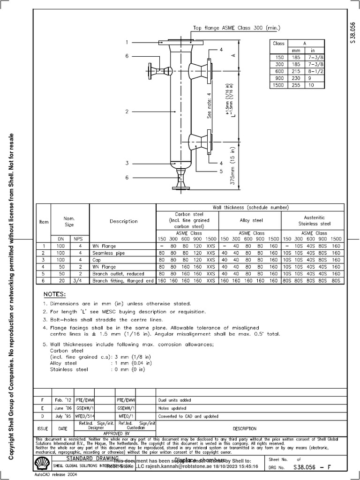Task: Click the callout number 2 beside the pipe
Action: [127, 112]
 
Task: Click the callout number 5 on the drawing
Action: [221, 172]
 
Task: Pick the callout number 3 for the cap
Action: [127, 163]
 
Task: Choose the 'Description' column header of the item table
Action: [123, 221]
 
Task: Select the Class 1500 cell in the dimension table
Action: [278, 86]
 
